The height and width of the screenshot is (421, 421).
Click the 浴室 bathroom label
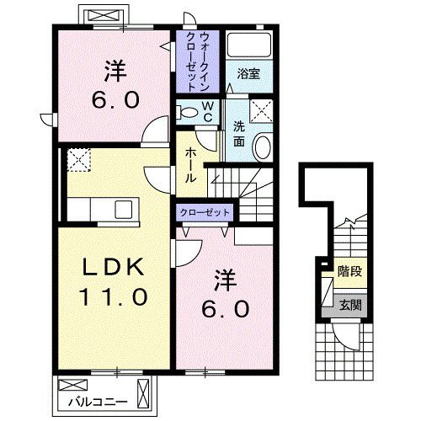tap(248, 73)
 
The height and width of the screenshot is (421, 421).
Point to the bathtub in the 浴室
tap(248, 46)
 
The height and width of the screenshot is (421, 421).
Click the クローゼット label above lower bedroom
tap(205, 213)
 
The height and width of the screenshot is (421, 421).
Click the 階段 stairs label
tap(349, 272)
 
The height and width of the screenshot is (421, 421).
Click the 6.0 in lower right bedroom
tap(225, 309)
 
